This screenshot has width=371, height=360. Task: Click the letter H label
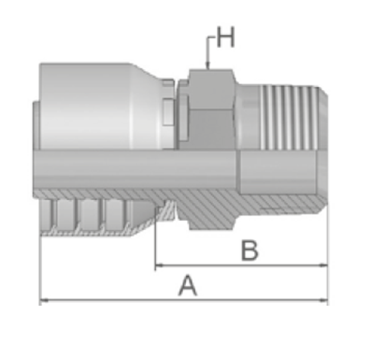pos(225,37)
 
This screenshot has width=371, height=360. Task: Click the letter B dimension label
pos(250,251)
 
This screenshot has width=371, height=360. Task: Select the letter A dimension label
pos(188,285)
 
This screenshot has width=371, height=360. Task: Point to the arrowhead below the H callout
pos(207,65)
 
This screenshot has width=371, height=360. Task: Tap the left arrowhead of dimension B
pos(159,266)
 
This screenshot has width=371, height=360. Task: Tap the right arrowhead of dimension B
pos(323,266)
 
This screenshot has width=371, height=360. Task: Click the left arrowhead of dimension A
pos(44,300)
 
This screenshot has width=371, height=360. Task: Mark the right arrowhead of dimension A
pos(323,300)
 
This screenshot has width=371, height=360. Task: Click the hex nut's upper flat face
pos(211,89)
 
